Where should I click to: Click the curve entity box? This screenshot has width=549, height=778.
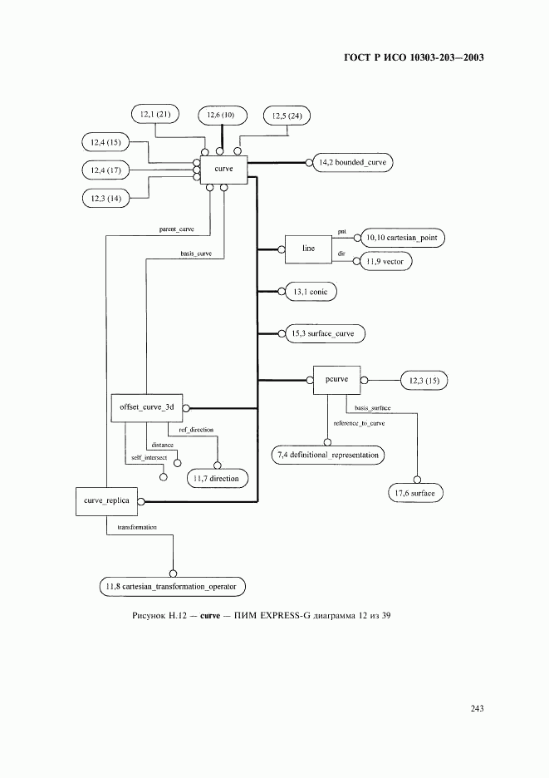click(223, 169)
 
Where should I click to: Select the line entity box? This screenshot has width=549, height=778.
click(309, 249)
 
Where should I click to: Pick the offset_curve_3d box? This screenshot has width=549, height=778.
click(146, 407)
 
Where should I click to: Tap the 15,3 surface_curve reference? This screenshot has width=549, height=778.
click(322, 334)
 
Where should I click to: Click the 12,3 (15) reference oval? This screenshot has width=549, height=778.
click(424, 381)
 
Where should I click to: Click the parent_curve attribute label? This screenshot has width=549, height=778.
click(177, 228)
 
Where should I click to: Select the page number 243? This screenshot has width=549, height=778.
click(477, 708)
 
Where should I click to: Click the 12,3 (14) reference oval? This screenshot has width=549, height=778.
click(102, 199)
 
